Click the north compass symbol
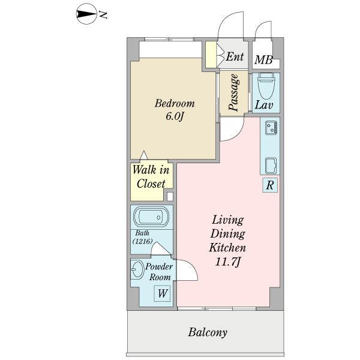click(x=86, y=14)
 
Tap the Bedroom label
click(x=175, y=103)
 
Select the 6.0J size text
click(x=175, y=116)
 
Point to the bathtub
click(x=151, y=217)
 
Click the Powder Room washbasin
click(x=137, y=269)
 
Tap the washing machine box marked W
click(x=162, y=293)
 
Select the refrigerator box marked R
click(x=270, y=185)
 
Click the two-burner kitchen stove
click(x=271, y=128)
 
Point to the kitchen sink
click(x=271, y=166)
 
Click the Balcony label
click(x=208, y=332)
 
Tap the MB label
click(x=263, y=60)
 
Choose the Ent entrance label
click(x=235, y=56)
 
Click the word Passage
click(x=234, y=92)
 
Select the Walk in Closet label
click(x=151, y=176)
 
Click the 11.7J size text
click(x=227, y=262)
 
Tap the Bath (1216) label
click(x=142, y=237)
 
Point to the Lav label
click(x=264, y=105)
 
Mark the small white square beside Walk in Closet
click(x=170, y=197)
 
